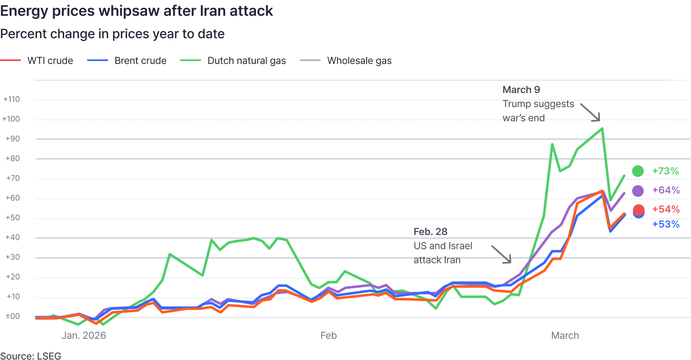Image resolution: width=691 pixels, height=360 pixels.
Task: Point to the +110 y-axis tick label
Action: pyautogui.click(x=12, y=99)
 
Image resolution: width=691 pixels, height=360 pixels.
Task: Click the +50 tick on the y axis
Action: pyautogui.click(x=12, y=218)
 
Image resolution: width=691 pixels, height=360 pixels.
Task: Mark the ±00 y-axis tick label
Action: pyautogui.click(x=12, y=316)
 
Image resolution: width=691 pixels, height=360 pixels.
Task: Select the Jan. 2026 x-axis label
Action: pyautogui.click(x=84, y=336)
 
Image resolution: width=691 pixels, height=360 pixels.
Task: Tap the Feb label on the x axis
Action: pyautogui.click(x=328, y=336)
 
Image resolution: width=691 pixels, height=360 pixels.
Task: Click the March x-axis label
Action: pyautogui.click(x=565, y=336)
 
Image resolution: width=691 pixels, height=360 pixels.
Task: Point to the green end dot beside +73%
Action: pyautogui.click(x=638, y=171)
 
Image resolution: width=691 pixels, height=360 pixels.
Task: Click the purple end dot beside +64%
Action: pyautogui.click(x=638, y=191)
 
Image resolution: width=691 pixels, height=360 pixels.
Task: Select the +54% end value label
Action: pyautogui.click(x=666, y=209)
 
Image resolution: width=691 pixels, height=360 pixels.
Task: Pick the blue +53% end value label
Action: pyautogui.click(x=666, y=224)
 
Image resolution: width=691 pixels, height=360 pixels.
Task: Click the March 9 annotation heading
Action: pyautogui.click(x=521, y=90)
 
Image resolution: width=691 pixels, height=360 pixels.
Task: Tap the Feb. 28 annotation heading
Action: pyautogui.click(x=430, y=232)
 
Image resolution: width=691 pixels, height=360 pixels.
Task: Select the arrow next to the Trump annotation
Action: pyautogui.click(x=591, y=112)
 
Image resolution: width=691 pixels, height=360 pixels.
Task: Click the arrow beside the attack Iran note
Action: pyautogui.click(x=501, y=254)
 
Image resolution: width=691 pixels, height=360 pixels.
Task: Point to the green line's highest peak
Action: pyautogui.click(x=602, y=128)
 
